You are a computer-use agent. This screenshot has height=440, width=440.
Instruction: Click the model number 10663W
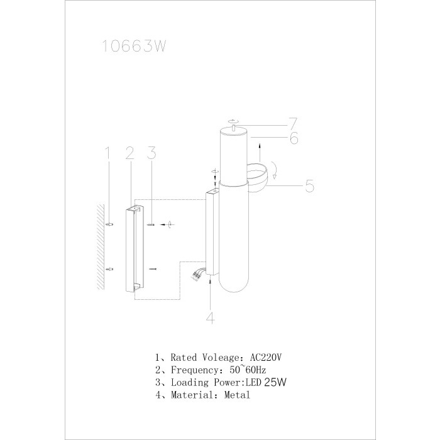133,47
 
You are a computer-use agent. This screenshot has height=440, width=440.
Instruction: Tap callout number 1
107,153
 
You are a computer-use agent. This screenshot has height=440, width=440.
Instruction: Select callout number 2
129,153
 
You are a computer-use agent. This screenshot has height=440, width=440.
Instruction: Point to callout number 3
151,153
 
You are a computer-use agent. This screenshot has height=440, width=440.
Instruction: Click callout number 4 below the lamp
211,318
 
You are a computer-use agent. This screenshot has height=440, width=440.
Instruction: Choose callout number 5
309,186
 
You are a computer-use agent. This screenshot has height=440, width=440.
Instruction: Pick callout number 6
294,138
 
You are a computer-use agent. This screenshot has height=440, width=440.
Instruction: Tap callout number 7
292,121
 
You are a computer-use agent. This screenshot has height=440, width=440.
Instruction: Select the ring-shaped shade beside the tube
260,177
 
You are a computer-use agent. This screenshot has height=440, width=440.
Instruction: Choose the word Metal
237,395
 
